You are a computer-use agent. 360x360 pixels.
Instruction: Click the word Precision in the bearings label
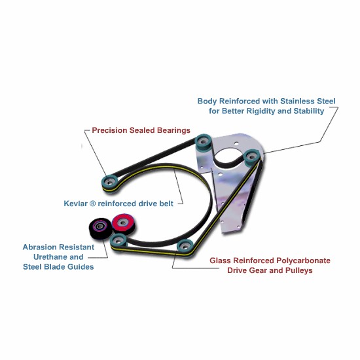[109, 130]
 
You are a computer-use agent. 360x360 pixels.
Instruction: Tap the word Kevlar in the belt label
[75, 204]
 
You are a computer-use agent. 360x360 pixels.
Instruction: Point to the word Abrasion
[39, 247]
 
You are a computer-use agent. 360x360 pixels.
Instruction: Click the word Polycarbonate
[303, 261]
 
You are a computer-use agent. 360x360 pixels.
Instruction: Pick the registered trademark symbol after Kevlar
[92, 204]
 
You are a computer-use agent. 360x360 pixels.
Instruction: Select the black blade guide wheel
[100, 228]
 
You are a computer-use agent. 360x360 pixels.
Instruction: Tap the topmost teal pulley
[203, 142]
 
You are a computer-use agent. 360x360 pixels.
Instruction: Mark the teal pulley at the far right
[252, 158]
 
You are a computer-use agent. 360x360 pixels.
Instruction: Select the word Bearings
[173, 131]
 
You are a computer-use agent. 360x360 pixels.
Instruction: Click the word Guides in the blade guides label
[82, 267]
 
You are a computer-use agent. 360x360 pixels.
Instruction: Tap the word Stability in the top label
[309, 111]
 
